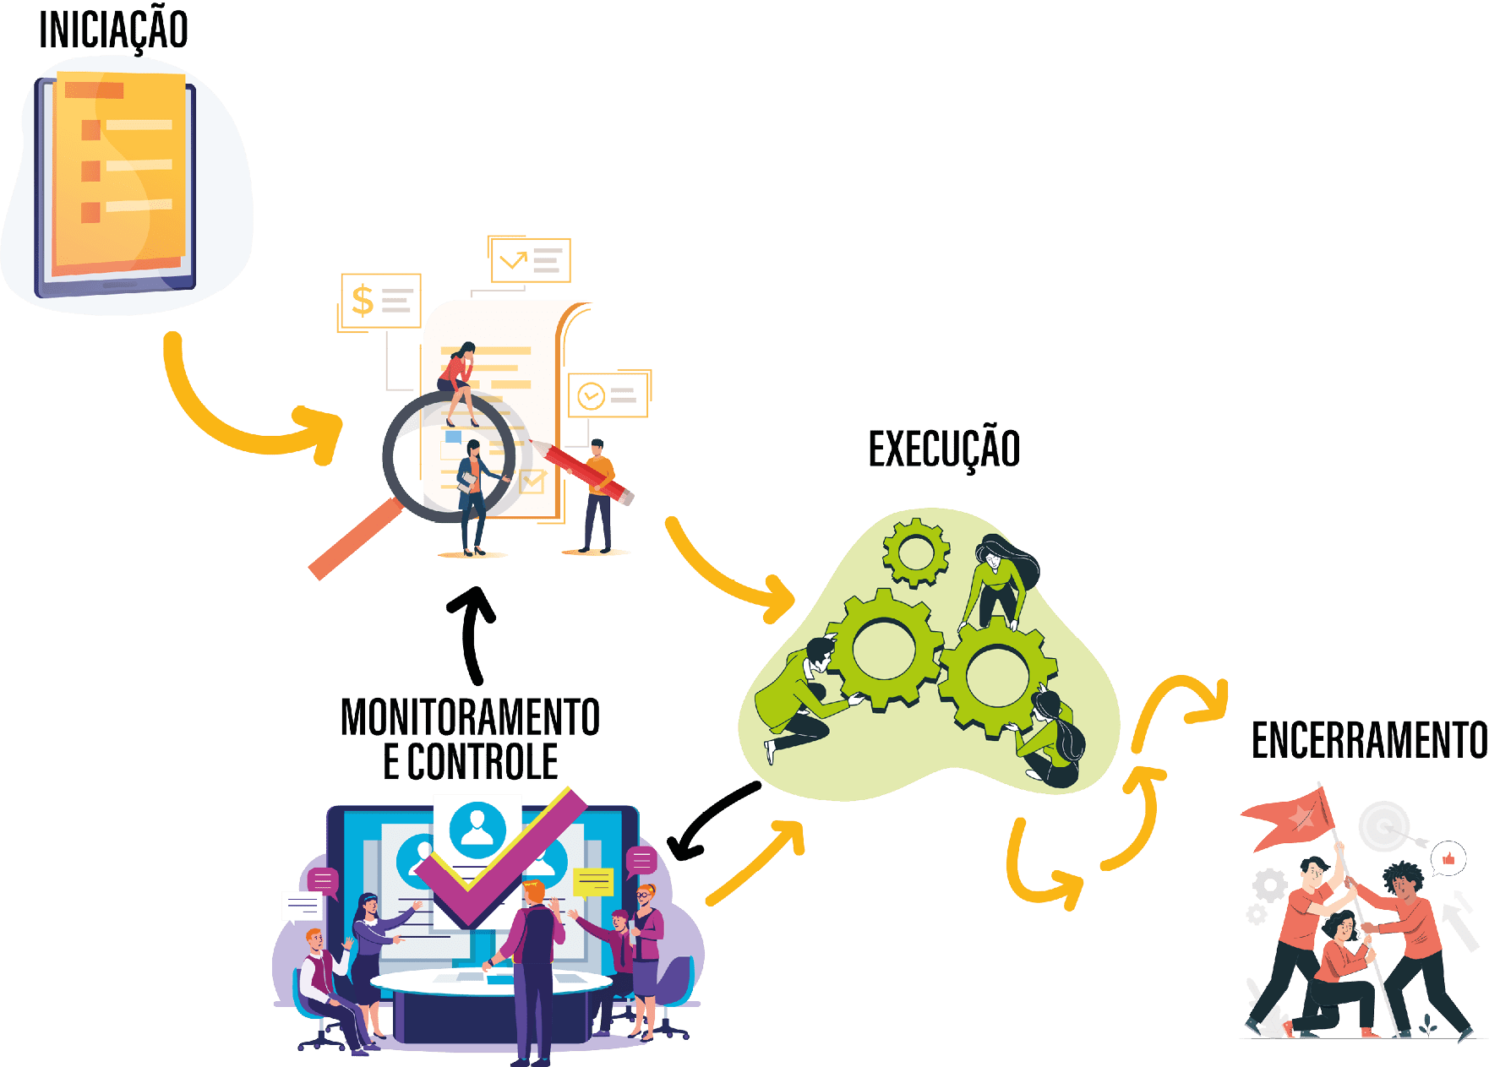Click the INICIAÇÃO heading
tap(114, 30)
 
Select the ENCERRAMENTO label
tap(1368, 741)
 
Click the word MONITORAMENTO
tap(471, 718)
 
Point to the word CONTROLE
tap(483, 762)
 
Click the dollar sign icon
tap(363, 301)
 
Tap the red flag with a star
tap(1290, 816)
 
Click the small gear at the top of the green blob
tap(915, 553)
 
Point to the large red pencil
tap(583, 470)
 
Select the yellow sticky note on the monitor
tap(593, 881)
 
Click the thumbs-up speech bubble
tap(1448, 859)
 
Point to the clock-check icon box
tap(608, 395)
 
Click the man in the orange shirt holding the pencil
tap(599, 498)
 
